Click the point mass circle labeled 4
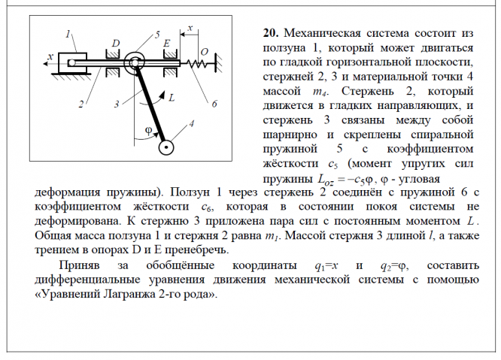coord(165,147)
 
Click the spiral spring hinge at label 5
coord(135,63)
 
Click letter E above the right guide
coord(167,44)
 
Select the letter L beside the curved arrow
coord(172,98)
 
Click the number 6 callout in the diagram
coord(214,103)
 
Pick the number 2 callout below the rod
coord(80,104)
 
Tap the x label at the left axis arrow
coord(50,56)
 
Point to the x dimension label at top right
coord(190,28)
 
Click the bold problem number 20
coord(270,34)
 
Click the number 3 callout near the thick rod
coord(117,104)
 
